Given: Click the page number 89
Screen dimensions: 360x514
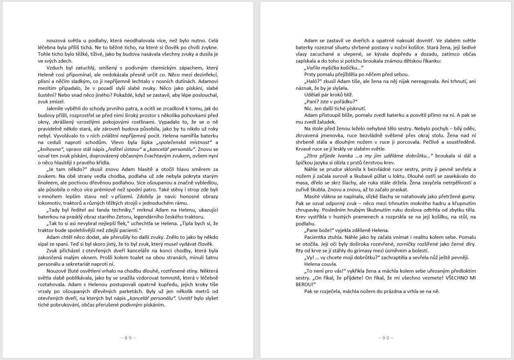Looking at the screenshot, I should click(128, 338).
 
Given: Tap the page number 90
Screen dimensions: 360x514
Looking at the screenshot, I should click(385, 338).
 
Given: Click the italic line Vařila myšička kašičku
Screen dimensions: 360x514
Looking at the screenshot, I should click(334, 68).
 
